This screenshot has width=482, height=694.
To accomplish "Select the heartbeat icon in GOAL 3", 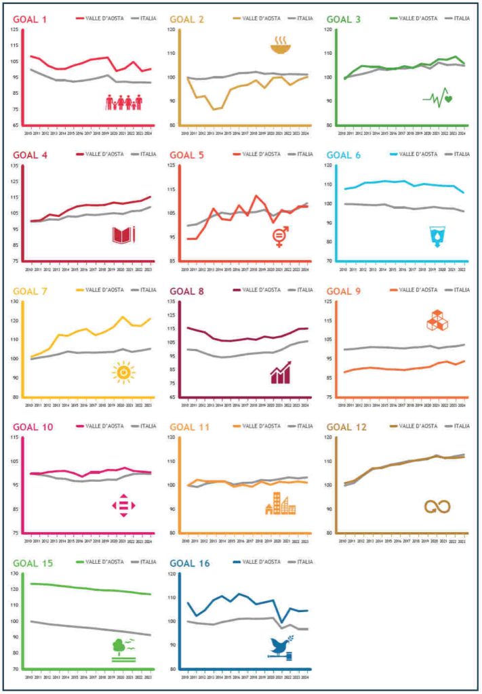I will pos(438,98).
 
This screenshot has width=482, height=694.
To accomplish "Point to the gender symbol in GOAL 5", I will pos(280,237).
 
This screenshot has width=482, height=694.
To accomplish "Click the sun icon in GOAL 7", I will pos(123,372).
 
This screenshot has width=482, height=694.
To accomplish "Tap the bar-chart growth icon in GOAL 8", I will pos(281,372).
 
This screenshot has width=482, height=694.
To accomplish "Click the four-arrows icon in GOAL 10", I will pos(123,506).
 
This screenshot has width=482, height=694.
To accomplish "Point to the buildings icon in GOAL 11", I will pos(280,504).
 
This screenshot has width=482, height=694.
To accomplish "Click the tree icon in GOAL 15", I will pos(123,649).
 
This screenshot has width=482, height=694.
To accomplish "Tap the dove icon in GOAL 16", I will pos(280,647).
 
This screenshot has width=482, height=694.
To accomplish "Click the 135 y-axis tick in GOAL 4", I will pos(16,165).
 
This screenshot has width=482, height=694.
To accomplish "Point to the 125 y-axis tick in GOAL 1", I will pos(16,29).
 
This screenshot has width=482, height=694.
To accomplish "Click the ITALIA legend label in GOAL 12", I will pos(461,426).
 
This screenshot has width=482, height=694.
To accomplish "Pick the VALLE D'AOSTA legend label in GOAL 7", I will pos(104,289).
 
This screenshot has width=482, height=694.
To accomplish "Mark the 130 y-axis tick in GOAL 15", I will pos(16,573).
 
